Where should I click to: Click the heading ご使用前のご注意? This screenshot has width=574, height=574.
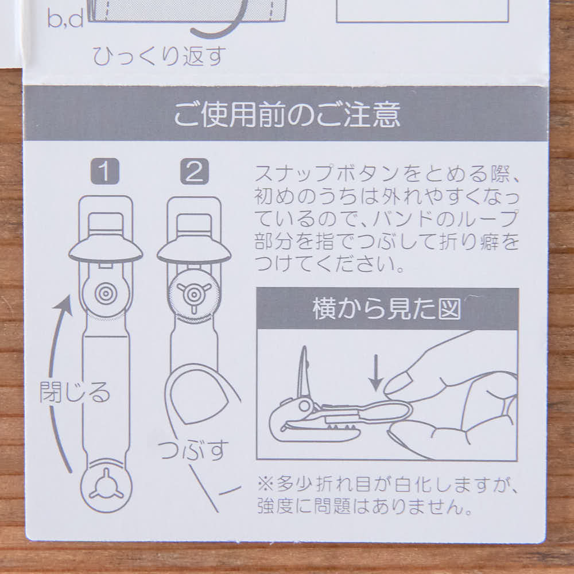pyautogui.click(x=286, y=115)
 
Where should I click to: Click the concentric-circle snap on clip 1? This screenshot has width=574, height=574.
pyautogui.click(x=105, y=294)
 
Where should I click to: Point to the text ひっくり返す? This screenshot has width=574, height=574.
pyautogui.click(x=160, y=56)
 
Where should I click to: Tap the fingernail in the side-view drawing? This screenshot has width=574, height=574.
pyautogui.click(x=399, y=383)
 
